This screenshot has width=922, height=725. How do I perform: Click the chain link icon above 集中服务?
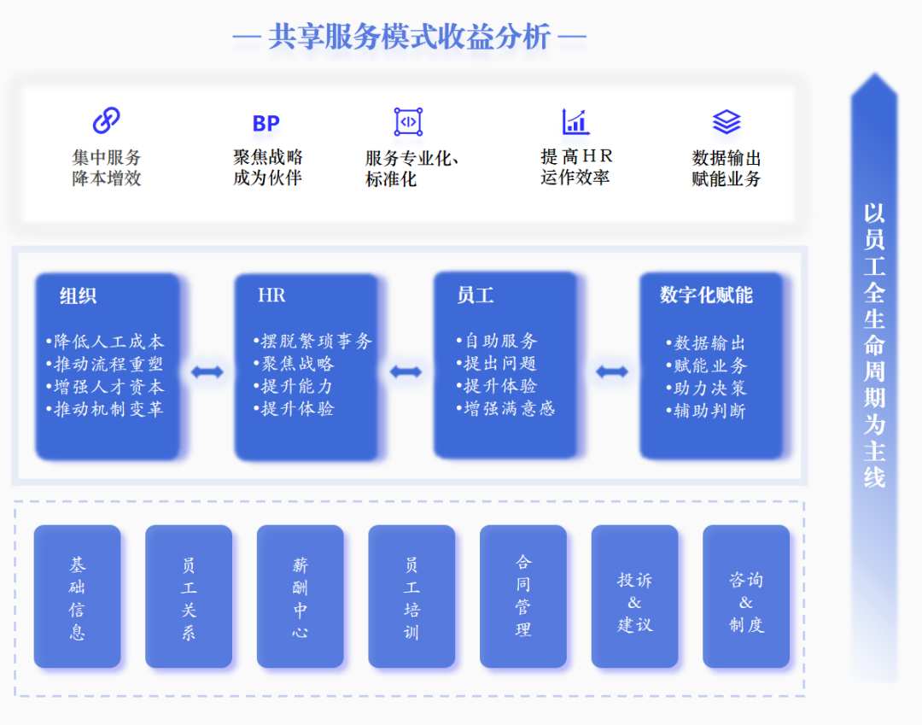[x=106, y=120]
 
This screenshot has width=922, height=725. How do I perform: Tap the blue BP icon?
[x=266, y=124]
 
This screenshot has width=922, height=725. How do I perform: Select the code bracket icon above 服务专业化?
[x=408, y=122]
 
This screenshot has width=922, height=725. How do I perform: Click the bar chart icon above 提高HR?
[x=575, y=121]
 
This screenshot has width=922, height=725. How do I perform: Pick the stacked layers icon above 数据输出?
[x=727, y=122]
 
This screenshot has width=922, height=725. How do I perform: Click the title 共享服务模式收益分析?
[x=410, y=38]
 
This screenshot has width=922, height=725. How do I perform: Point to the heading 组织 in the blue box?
[x=78, y=296]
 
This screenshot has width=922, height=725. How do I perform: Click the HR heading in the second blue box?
[x=271, y=296]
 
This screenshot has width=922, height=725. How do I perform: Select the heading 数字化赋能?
[x=706, y=295]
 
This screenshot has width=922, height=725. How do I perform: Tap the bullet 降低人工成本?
[x=105, y=342]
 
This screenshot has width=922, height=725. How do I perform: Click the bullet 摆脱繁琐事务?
[x=313, y=342]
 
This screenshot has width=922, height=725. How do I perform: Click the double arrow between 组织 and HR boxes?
[x=207, y=372]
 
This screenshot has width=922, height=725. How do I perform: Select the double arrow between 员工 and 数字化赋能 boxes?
[x=612, y=371]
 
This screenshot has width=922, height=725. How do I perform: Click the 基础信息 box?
[x=78, y=597]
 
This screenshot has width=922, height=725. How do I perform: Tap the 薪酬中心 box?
[x=301, y=597]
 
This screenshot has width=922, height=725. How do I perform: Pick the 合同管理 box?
[x=523, y=597]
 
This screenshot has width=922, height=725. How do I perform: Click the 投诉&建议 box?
[x=634, y=597]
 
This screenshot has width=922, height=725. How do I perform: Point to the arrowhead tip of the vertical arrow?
[x=874, y=75]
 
